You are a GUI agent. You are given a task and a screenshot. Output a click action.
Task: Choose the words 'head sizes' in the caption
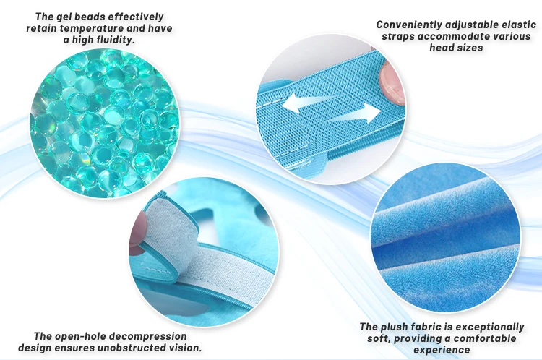pos(456,48)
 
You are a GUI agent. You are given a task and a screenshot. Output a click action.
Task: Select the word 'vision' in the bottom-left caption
pos(185,348)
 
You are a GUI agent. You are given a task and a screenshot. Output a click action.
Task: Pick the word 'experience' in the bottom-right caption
pos(442,350)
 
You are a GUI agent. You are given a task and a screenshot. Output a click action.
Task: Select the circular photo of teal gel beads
pos(104,123)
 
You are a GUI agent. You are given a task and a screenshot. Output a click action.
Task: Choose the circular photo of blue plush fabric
pos(446,238)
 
